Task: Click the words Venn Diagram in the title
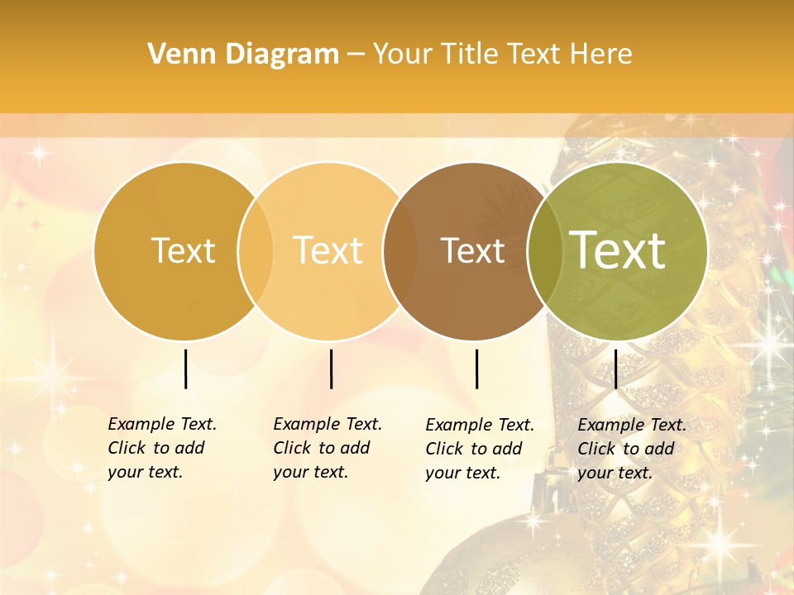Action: pyautogui.click(x=243, y=55)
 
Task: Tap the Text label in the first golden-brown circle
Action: pyautogui.click(x=183, y=250)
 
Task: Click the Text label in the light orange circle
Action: pyautogui.click(x=328, y=250)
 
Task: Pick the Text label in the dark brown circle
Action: pyautogui.click(x=473, y=250)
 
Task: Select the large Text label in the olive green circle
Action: pyautogui.click(x=618, y=250)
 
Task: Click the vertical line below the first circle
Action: pyautogui.click(x=185, y=369)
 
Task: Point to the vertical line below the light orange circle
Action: pyautogui.click(x=331, y=369)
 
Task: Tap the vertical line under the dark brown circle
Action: pyautogui.click(x=476, y=369)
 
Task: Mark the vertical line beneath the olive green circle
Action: pyautogui.click(x=615, y=369)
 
